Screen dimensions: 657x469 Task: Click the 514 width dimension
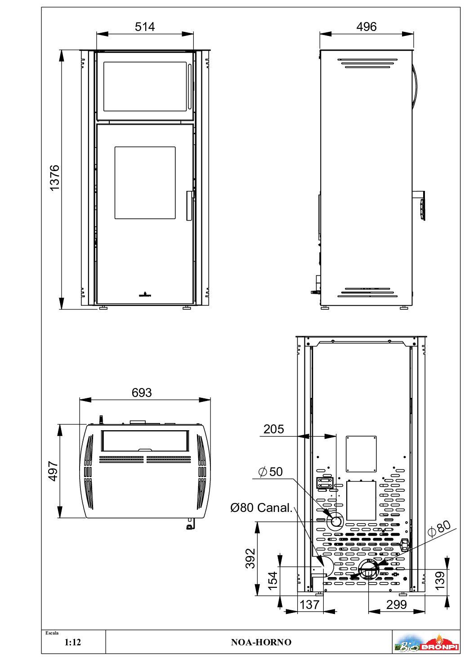[145, 27]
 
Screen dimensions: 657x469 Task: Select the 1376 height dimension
[55, 178]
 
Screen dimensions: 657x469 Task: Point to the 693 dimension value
[142, 392]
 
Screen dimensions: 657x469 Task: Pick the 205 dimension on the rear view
[274, 429]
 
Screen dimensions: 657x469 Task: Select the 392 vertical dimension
[250, 558]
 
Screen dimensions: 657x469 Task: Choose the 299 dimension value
[396, 604]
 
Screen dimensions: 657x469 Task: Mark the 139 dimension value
[440, 580]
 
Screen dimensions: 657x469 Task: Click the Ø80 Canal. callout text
[261, 508]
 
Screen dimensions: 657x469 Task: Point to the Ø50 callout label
[270, 472]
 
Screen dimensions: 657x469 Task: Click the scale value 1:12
[72, 642]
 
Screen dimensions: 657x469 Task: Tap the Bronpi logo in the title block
[426, 642]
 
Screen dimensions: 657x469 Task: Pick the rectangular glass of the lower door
[145, 182]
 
